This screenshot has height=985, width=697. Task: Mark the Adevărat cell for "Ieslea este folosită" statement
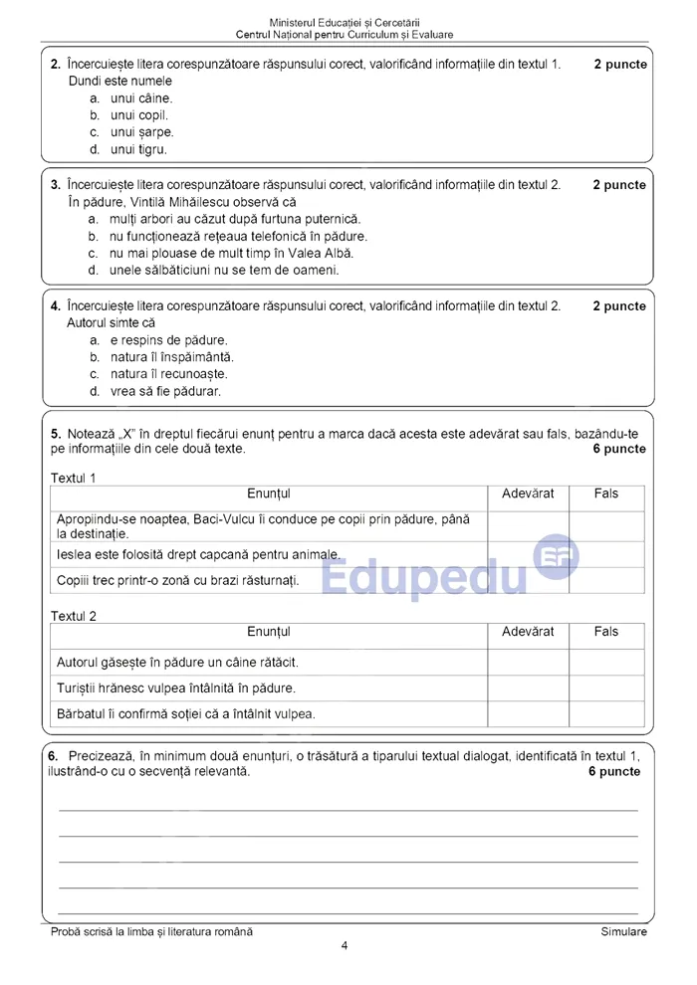pyautogui.click(x=528, y=554)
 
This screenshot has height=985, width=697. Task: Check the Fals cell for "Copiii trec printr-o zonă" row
pyautogui.click(x=606, y=580)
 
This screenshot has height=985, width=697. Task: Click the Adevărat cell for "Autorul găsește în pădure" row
pyautogui.click(x=528, y=662)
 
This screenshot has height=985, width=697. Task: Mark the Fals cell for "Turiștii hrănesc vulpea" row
pyautogui.click(x=606, y=688)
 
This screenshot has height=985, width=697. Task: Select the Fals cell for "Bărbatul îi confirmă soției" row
pyautogui.click(x=606, y=713)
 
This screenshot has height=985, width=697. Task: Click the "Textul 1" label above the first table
pyautogui.click(x=74, y=478)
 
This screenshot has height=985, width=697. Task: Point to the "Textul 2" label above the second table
pyautogui.click(x=74, y=616)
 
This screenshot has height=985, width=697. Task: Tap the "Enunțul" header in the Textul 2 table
pyautogui.click(x=269, y=632)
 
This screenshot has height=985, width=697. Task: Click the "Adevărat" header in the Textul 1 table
pyautogui.click(x=528, y=493)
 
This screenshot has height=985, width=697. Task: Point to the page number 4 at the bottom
pyautogui.click(x=345, y=946)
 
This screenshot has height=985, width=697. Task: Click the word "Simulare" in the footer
pyautogui.click(x=623, y=932)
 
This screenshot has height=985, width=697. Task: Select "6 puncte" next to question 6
pyautogui.click(x=614, y=771)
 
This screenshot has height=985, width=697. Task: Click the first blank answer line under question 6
pyautogui.click(x=348, y=810)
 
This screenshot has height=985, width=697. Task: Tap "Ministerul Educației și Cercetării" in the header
pyautogui.click(x=345, y=22)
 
